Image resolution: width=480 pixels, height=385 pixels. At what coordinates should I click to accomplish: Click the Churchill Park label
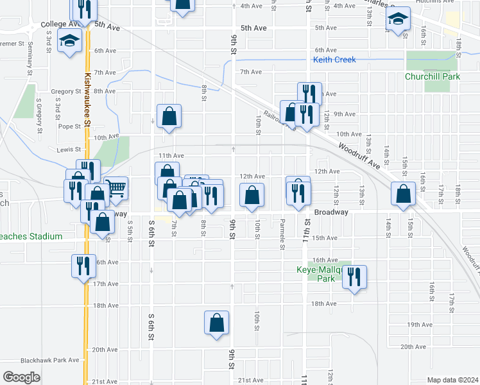click(x=433, y=76)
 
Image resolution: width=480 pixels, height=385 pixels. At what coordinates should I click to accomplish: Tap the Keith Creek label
click(x=334, y=60)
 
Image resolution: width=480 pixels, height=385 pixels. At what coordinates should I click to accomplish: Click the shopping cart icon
click(x=116, y=188)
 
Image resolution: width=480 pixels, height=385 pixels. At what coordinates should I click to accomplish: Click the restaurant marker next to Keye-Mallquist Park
click(x=354, y=277)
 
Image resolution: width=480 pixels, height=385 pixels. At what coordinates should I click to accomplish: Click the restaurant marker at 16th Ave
click(x=83, y=266)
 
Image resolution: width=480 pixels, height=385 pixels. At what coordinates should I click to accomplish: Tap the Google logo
click(x=22, y=377)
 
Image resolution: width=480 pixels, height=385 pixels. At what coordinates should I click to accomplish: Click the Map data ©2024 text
click(x=452, y=380)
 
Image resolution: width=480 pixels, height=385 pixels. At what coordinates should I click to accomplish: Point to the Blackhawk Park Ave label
click(x=49, y=360)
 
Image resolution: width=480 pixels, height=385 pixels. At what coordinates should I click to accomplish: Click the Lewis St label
click(x=67, y=149)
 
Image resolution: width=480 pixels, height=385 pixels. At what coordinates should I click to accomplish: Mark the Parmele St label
click(x=282, y=236)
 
